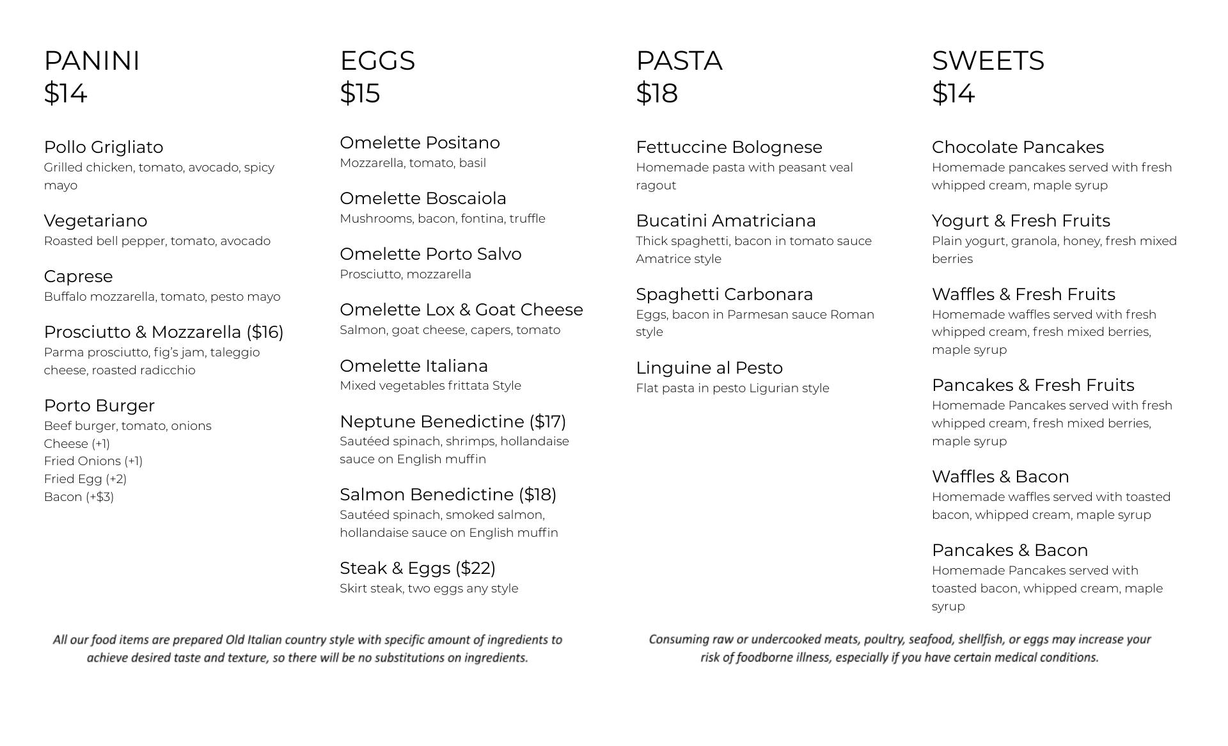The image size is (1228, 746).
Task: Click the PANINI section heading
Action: point(91,61)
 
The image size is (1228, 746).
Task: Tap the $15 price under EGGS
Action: point(359,93)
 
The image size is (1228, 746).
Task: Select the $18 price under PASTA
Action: point(656,93)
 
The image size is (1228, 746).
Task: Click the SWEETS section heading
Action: point(988,61)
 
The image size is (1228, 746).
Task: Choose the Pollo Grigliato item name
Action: point(104,147)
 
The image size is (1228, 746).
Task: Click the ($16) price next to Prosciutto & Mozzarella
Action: point(265,332)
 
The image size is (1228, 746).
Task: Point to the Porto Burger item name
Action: point(99,406)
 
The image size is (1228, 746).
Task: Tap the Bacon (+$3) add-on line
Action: point(79,497)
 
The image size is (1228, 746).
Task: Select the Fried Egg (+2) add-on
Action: point(85,479)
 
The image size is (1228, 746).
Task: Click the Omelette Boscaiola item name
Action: point(423,198)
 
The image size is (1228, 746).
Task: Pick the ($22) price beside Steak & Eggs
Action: point(475,568)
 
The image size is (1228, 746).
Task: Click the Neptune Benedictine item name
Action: point(432,422)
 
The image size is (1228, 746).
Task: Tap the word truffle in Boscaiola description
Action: point(527,219)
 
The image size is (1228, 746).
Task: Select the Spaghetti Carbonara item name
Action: point(724,294)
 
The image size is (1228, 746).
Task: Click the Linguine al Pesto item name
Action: point(709,368)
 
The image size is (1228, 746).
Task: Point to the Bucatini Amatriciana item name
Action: point(725,221)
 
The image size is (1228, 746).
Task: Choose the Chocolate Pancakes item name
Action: point(1018,147)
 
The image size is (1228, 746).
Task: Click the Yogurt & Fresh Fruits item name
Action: point(1021,221)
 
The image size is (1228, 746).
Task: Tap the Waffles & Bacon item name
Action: point(1000,477)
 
